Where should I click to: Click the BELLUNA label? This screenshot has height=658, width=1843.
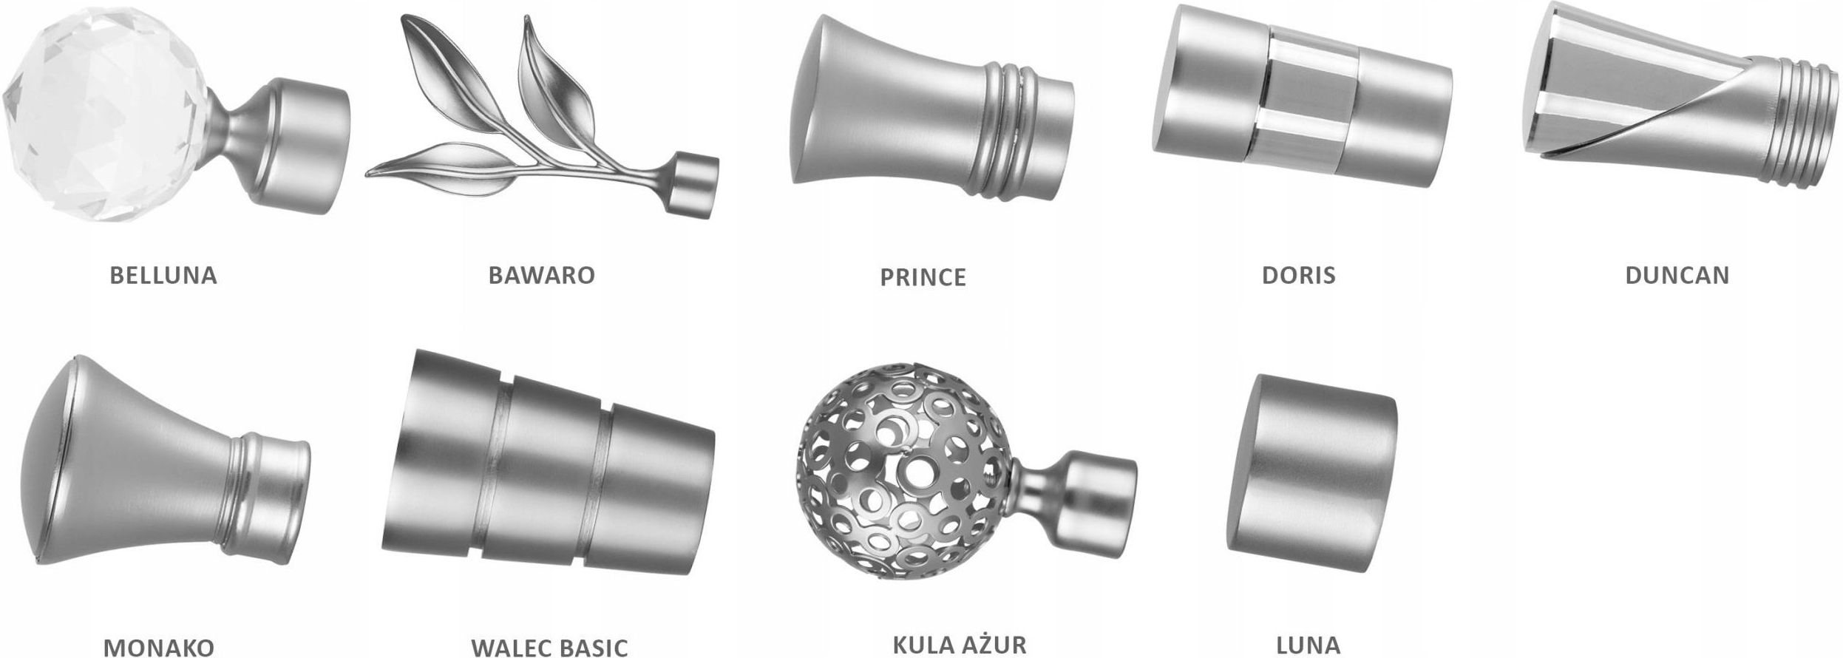[x=163, y=275]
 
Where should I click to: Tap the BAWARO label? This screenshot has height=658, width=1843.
[x=541, y=275]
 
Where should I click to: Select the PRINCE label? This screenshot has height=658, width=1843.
[x=923, y=277]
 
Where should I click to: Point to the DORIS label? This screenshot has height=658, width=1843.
[x=1298, y=275]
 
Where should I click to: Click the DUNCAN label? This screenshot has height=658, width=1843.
[x=1677, y=275]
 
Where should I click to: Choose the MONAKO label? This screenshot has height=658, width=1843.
[x=159, y=647]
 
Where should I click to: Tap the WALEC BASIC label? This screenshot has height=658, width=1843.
[x=549, y=647]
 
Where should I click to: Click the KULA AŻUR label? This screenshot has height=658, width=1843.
[x=960, y=643]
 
